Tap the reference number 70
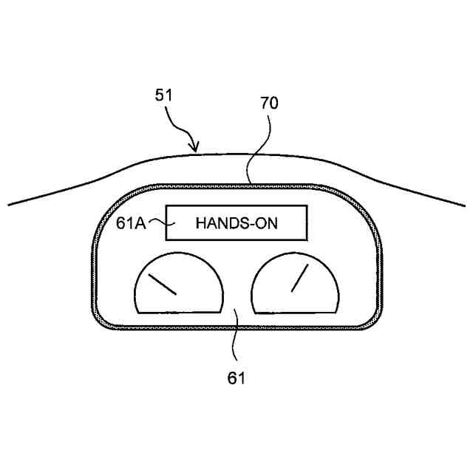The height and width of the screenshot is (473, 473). click(269, 103)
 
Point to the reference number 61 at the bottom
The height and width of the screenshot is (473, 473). click(236, 378)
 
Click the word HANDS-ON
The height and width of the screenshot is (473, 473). click(236, 223)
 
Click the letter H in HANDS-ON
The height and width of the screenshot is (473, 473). click(200, 223)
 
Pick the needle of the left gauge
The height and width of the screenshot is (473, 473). click(163, 284)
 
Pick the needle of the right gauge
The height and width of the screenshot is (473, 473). click(299, 278)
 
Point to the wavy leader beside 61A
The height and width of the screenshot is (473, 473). click(157, 221)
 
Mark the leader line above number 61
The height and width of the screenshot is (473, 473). click(235, 340)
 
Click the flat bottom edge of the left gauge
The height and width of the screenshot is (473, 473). click(179, 312)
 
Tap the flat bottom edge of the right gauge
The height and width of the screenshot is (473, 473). click(296, 312)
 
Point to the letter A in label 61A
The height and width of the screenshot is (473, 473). click(141, 222)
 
